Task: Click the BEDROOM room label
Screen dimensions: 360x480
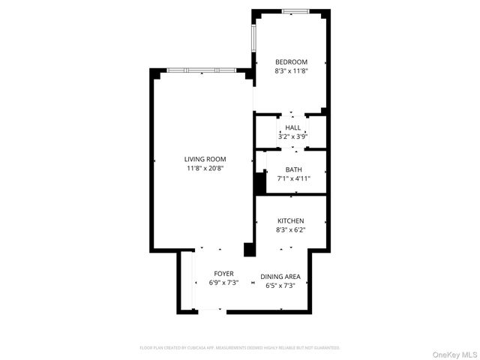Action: pyautogui.click(x=291, y=61)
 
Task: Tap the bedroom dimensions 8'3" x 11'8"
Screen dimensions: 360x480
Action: pyautogui.click(x=291, y=71)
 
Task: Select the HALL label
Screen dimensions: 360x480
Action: pyautogui.click(x=292, y=128)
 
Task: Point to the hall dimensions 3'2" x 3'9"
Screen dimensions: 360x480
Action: pyautogui.click(x=292, y=136)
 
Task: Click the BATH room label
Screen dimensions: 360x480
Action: pyautogui.click(x=293, y=169)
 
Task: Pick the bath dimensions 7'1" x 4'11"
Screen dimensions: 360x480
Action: pyautogui.click(x=293, y=178)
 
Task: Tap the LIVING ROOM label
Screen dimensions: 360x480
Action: pyautogui.click(x=205, y=159)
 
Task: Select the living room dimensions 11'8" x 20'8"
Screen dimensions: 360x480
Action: pyautogui.click(x=205, y=168)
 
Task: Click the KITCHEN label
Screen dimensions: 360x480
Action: pyautogui.click(x=291, y=220)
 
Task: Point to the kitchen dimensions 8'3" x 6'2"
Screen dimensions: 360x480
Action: pyautogui.click(x=291, y=229)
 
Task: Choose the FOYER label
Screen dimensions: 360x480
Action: pyautogui.click(x=223, y=274)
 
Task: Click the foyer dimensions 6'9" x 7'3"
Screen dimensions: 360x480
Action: pyautogui.click(x=223, y=283)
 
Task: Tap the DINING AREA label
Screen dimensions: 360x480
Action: pyautogui.click(x=280, y=277)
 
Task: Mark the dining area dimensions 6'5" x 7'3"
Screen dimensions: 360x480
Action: pyautogui.click(x=280, y=286)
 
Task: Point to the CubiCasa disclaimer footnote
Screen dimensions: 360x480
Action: pyautogui.click(x=240, y=348)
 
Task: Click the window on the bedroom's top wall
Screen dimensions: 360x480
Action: pyautogui.click(x=296, y=11)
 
